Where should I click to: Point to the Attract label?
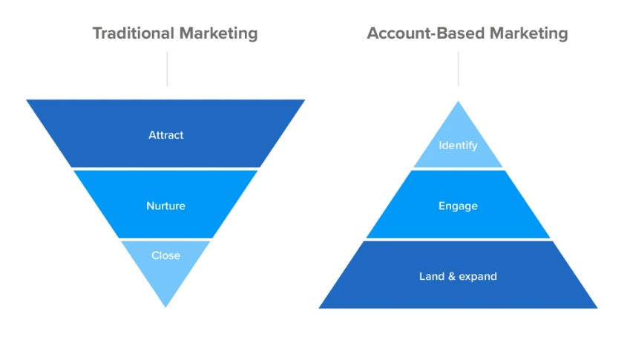[x=165, y=135]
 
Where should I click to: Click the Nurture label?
[x=165, y=206]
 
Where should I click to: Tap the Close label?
[x=165, y=255]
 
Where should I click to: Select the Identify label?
[x=458, y=145]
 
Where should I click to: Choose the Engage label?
[x=458, y=206]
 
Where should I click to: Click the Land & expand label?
[x=458, y=277]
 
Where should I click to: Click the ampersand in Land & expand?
[x=451, y=277]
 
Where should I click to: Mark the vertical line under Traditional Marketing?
[x=167, y=68]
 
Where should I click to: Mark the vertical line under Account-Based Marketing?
[x=458, y=68]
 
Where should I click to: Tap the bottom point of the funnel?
[x=165, y=304]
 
